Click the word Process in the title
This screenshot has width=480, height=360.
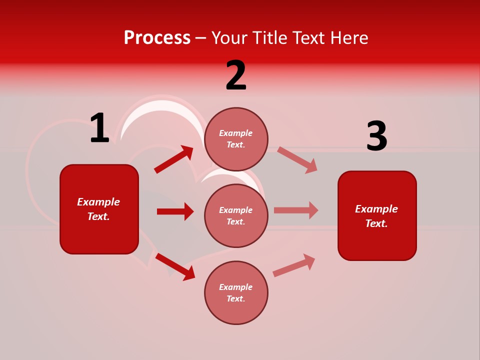[x=157, y=38]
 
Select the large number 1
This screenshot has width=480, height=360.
[x=99, y=128]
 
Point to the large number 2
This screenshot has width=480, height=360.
[x=236, y=75]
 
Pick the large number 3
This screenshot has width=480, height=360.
[x=376, y=136]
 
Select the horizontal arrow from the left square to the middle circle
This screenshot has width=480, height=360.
[x=175, y=211]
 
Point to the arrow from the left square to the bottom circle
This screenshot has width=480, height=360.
[x=175, y=266]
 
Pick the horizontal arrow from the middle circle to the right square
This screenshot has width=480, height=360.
[x=296, y=210]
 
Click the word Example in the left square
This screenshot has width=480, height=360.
[x=98, y=202]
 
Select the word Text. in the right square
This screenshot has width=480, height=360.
[x=376, y=223]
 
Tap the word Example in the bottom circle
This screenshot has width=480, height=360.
[x=236, y=287]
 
